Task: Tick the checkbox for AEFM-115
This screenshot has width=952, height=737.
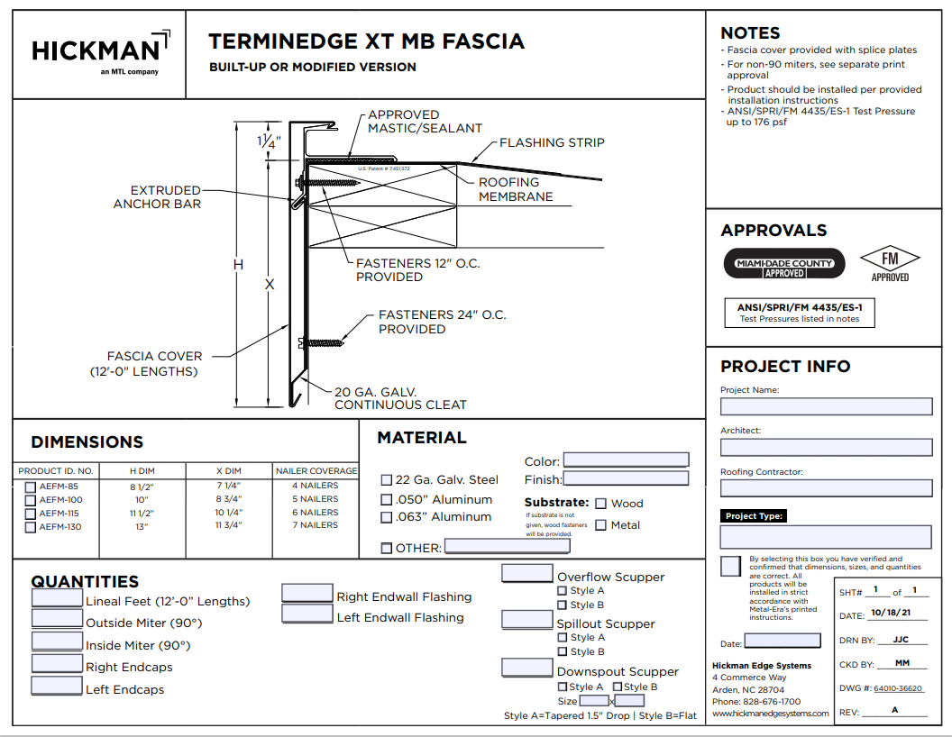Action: click(x=31, y=514)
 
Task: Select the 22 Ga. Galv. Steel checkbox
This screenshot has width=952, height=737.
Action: click(x=387, y=480)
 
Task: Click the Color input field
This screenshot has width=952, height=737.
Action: click(x=626, y=460)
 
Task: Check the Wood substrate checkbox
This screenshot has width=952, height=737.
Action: click(x=601, y=504)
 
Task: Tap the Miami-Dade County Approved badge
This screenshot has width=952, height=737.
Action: click(x=785, y=263)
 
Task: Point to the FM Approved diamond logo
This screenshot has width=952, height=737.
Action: click(x=890, y=263)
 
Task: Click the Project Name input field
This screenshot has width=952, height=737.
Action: click(x=826, y=406)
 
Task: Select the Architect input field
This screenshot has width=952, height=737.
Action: click(x=826, y=447)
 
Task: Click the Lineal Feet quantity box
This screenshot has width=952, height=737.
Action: click(x=57, y=597)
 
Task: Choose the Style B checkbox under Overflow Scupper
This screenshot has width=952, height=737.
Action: click(x=563, y=605)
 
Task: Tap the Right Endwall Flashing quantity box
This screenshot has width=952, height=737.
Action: click(x=307, y=593)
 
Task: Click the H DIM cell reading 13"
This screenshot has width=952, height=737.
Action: click(x=142, y=526)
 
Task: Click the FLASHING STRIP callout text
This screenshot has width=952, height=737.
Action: click(x=552, y=142)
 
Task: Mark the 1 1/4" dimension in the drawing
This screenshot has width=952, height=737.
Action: click(x=269, y=141)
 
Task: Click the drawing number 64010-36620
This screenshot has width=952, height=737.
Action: click(x=898, y=688)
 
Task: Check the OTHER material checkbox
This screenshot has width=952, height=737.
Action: click(x=387, y=548)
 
